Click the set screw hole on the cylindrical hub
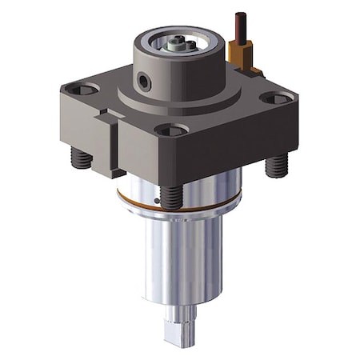143,81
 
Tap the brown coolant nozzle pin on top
238,27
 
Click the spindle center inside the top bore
177,46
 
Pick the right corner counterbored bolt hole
276,98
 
